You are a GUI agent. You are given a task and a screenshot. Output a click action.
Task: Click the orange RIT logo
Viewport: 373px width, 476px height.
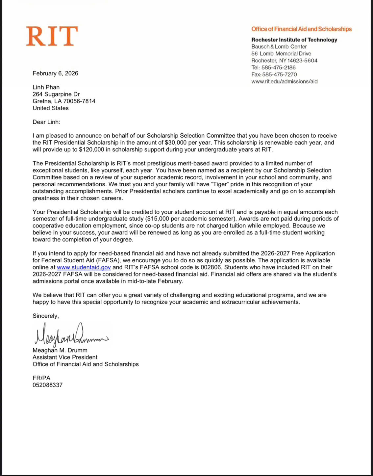[52, 36]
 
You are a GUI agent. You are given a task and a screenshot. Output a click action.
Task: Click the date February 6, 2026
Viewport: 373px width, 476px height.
[55, 73]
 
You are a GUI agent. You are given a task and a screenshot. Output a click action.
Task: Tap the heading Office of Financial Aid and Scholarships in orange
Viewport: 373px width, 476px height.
[301, 29]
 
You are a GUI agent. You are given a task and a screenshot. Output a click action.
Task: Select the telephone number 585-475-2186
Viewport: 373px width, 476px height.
[278, 67]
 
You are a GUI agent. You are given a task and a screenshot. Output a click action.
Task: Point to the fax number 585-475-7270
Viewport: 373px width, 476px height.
[279, 74]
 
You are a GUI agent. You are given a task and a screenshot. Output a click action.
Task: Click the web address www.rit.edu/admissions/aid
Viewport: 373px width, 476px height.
[284, 81]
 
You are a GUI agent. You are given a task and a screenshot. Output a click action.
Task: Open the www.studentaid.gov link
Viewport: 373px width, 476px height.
[84, 267]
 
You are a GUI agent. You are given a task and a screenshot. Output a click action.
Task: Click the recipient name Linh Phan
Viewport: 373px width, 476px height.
[46, 87]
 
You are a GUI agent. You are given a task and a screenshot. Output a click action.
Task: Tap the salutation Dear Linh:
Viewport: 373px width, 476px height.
[46, 122]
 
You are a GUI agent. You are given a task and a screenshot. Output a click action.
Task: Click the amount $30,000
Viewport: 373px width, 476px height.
[175, 143]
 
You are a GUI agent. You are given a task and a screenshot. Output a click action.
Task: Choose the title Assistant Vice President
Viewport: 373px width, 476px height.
[65, 357]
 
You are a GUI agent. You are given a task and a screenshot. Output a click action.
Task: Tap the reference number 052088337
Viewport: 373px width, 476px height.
[47, 385]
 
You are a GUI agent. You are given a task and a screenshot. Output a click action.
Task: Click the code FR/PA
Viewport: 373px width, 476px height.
[41, 378]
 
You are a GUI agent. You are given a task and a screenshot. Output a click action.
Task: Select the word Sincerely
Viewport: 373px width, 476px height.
[45, 316]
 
